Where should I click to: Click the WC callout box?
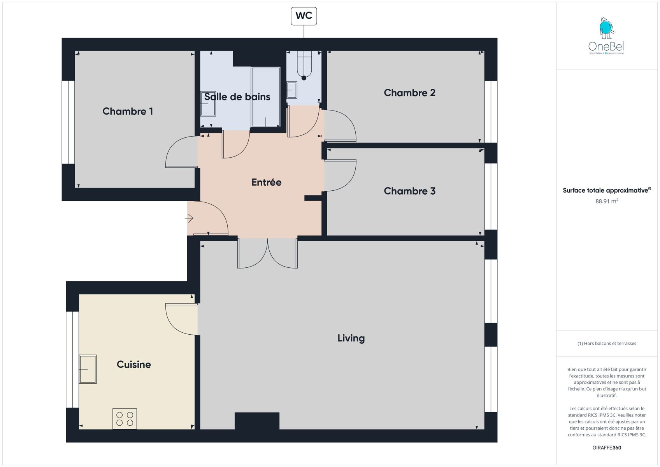pyautogui.click(x=304, y=16)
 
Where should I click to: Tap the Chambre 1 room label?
pyautogui.click(x=128, y=111)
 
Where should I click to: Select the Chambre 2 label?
pyautogui.click(x=409, y=93)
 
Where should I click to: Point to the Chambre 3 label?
pyautogui.click(x=409, y=191)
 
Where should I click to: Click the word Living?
pyautogui.click(x=351, y=338)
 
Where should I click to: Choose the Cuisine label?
pyautogui.click(x=134, y=365)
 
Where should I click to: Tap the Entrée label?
pyautogui.click(x=266, y=182)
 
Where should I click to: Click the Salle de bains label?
pyautogui.click(x=237, y=97)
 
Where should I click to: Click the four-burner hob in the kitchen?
pyautogui.click(x=125, y=419)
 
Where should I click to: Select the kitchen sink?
pyautogui.click(x=88, y=369)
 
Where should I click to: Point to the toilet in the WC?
pyautogui.click(x=304, y=65)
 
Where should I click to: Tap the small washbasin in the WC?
pyautogui.click(x=292, y=90)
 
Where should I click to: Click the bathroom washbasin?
pyautogui.click(x=208, y=104)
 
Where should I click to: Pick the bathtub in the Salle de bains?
pyautogui.click(x=265, y=97)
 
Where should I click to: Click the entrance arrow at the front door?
pyautogui.click(x=189, y=218)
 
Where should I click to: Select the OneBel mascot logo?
pyautogui.click(x=607, y=28)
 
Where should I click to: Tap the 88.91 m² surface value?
pyautogui.click(x=607, y=201)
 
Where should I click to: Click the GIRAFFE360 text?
pyautogui.click(x=607, y=448)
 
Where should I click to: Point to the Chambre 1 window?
pyautogui.click(x=68, y=122)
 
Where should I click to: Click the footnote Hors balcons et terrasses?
pyautogui.click(x=607, y=344)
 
